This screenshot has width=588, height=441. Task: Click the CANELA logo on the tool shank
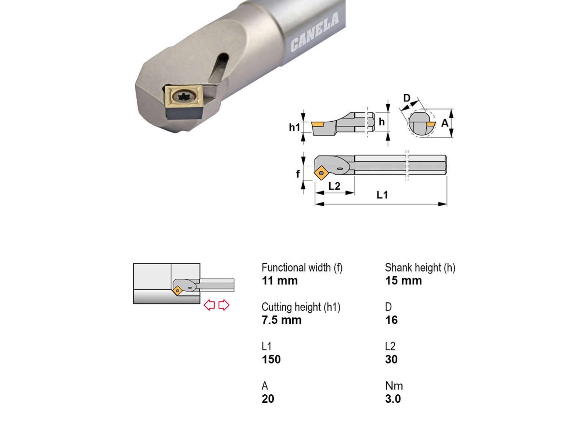click(315, 32)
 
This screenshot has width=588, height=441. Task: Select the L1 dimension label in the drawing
click(382, 195)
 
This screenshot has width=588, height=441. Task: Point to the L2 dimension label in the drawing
click(334, 186)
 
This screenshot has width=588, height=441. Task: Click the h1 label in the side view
click(294, 127)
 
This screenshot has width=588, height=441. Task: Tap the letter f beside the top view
click(298, 174)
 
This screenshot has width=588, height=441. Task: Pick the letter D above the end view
click(407, 98)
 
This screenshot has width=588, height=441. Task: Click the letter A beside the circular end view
click(445, 123)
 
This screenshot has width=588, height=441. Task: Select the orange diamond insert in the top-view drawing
click(321, 173)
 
